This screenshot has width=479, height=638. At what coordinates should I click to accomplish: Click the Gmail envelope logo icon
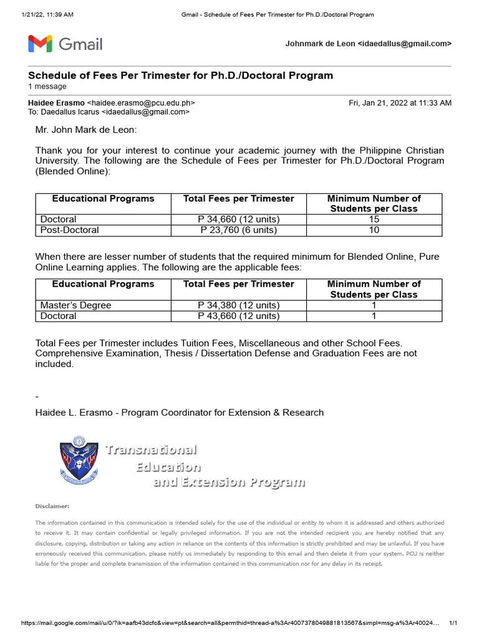tap(40, 44)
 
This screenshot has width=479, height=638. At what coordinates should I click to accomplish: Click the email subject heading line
tap(181, 75)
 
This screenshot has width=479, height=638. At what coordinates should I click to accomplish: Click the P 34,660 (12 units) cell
tap(238, 219)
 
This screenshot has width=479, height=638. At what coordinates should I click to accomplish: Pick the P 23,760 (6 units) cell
tap(238, 230)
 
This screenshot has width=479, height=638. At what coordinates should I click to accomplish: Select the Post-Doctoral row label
tap(69, 230)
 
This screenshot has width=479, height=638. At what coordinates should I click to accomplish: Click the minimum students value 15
tap(374, 219)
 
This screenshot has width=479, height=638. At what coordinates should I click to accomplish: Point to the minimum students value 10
tap(374, 230)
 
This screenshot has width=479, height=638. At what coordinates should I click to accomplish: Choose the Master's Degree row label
tap(75, 305)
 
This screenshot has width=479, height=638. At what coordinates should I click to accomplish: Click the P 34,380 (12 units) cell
tap(238, 305)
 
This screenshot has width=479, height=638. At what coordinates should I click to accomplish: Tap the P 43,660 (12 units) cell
tap(238, 316)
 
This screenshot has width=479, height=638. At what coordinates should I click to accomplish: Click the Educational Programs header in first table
tap(103, 199)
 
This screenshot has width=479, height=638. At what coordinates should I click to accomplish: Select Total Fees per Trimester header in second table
tap(238, 284)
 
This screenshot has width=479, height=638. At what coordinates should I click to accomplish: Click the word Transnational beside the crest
tap(151, 450)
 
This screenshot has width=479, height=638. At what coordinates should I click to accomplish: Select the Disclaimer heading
tap(52, 507)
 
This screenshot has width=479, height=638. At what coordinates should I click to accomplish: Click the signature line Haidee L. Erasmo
tap(180, 412)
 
